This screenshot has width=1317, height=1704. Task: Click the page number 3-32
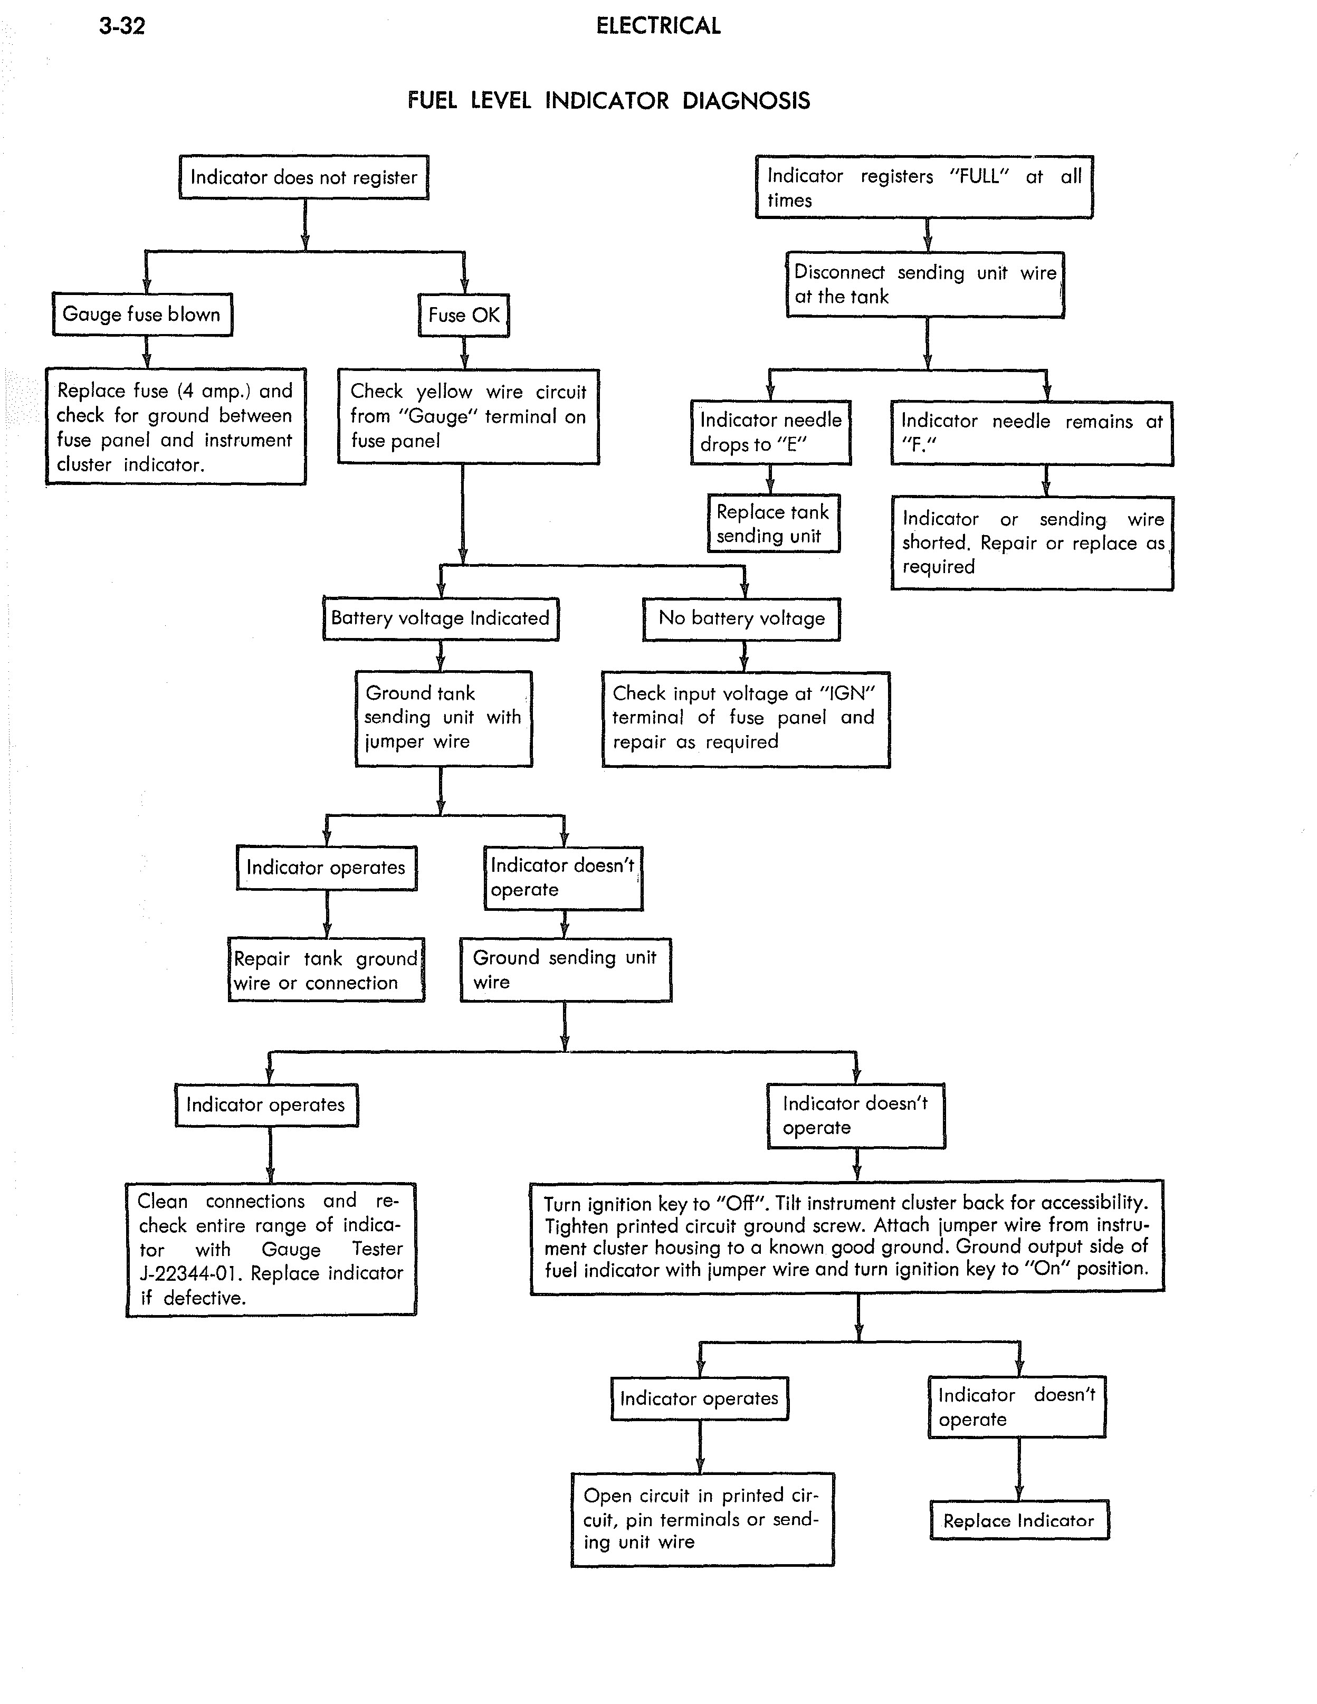point(122,26)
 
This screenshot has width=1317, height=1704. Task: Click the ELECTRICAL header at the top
point(658,26)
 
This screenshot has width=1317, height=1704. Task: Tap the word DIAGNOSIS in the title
point(746,101)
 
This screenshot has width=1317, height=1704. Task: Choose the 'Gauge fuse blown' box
point(142,315)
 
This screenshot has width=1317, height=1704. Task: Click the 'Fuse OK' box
point(463,315)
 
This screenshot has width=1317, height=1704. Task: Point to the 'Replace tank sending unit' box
point(773,523)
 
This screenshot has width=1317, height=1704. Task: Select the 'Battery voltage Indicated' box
point(441,618)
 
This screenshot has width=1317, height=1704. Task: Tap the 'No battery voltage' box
point(741,618)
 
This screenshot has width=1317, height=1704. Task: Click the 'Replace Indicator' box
point(1019,1520)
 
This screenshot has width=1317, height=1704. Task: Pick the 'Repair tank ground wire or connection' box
point(326,970)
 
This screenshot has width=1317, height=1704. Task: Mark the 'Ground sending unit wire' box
point(566,970)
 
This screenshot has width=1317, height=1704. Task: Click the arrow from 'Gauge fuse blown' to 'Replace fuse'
point(146,352)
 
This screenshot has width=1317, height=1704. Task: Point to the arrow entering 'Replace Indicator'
point(1018,1468)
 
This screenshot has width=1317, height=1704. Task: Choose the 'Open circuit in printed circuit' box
point(702,1519)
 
